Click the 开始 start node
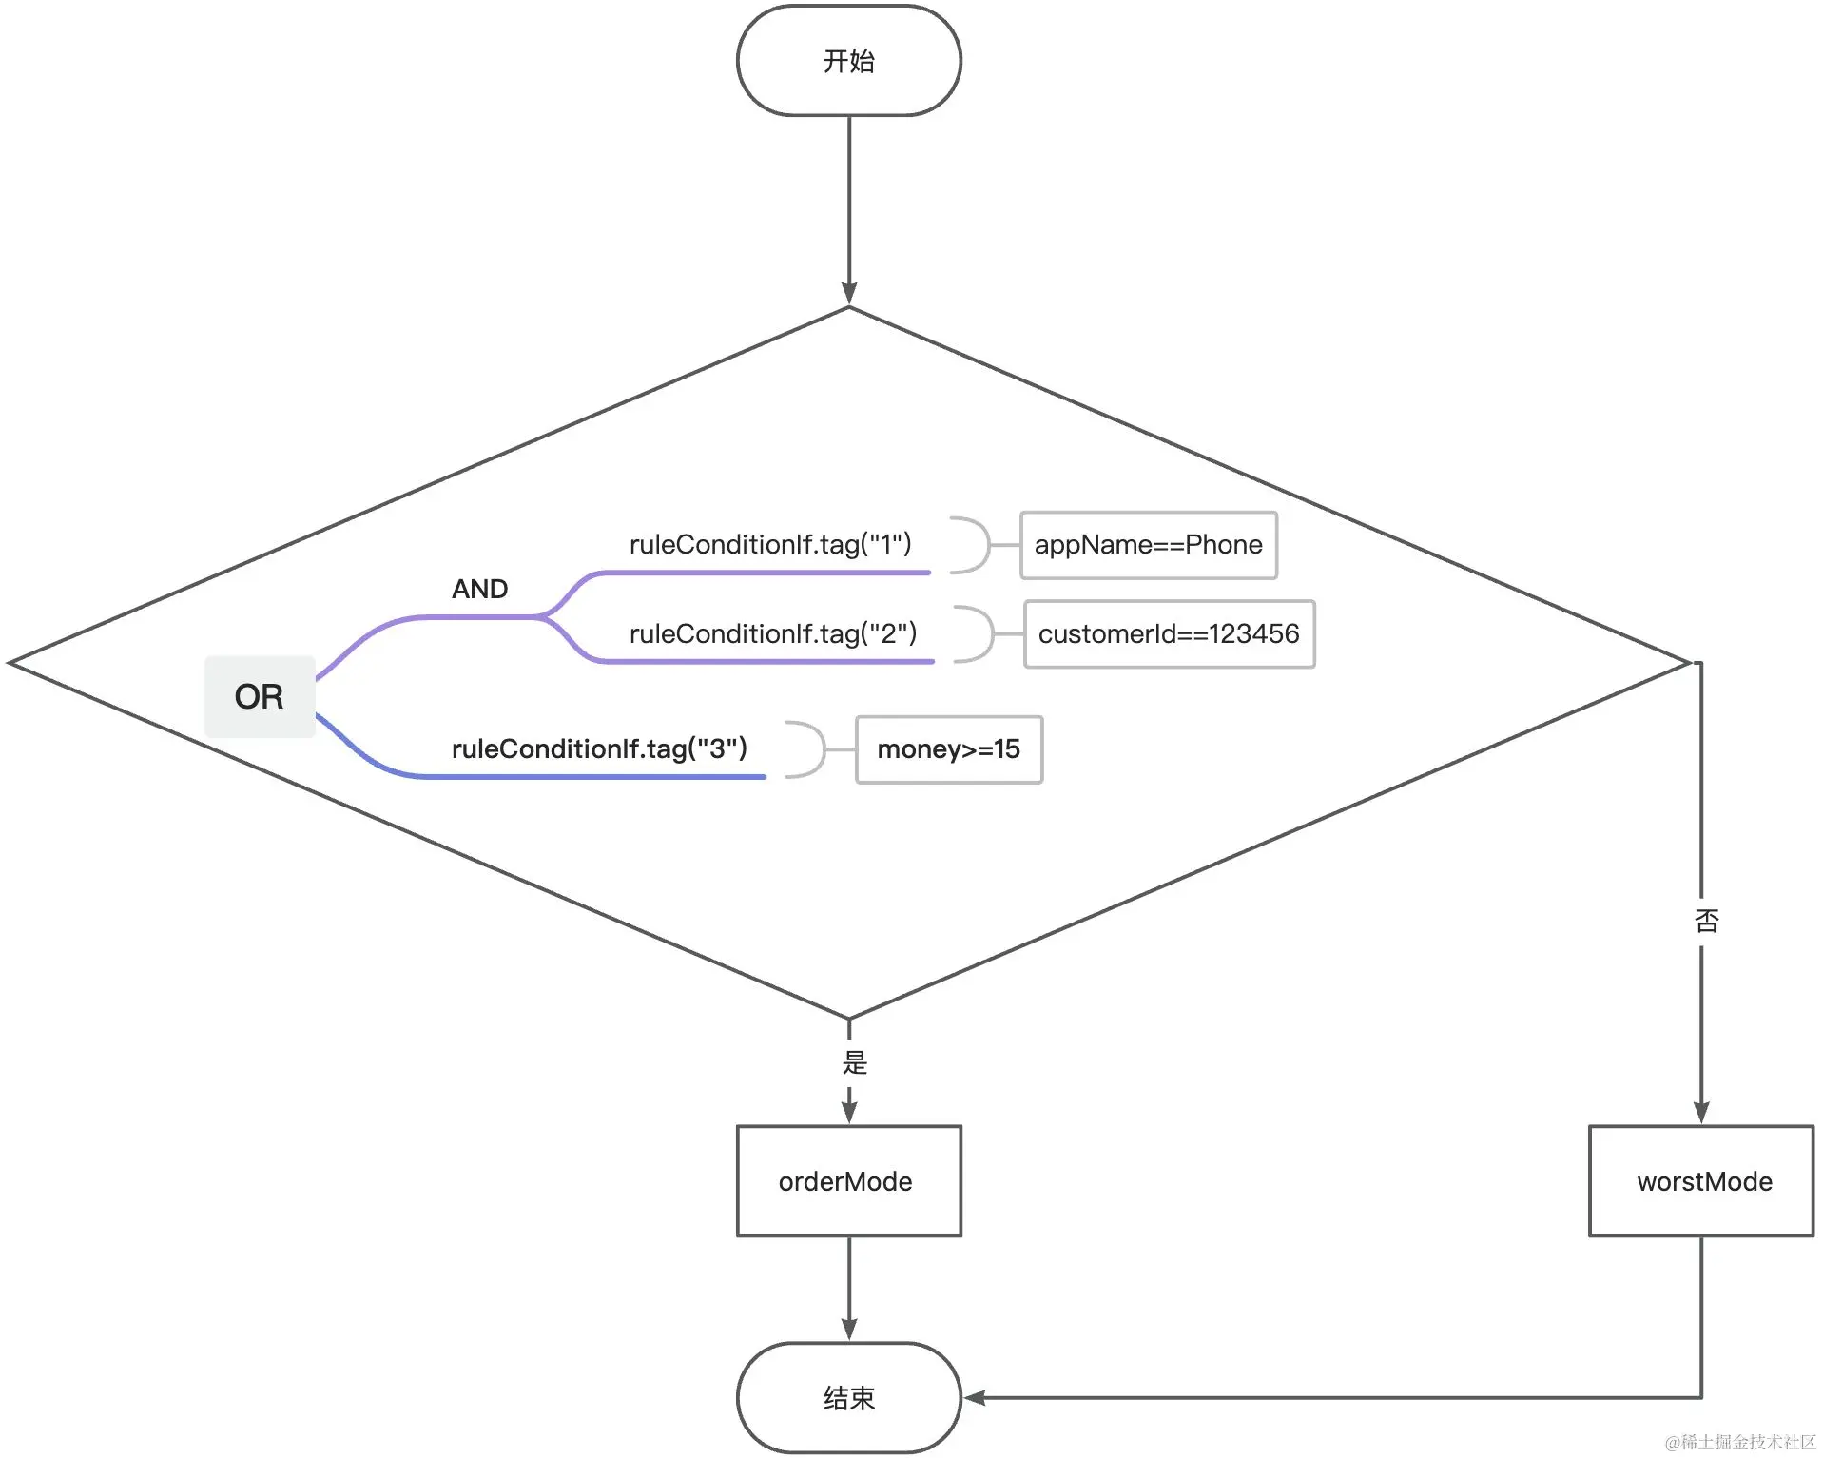pyautogui.click(x=848, y=61)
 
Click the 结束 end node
pyautogui.click(x=848, y=1397)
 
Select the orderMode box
pyautogui.click(x=848, y=1181)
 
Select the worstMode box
pyautogui.click(x=1701, y=1181)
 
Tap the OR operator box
pyautogui.click(x=260, y=696)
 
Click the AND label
pyautogui.click(x=479, y=589)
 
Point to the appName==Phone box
pyautogui.click(x=1149, y=545)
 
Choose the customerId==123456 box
pyautogui.click(x=1170, y=633)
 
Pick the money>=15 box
pyautogui.click(x=949, y=749)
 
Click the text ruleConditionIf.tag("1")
pyautogui.click(x=770, y=544)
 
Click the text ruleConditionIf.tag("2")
pyautogui.click(x=773, y=633)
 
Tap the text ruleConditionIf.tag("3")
pyautogui.click(x=599, y=748)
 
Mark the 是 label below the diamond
pyautogui.click(x=855, y=1062)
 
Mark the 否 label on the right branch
pyautogui.click(x=1706, y=920)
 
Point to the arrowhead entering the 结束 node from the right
pyautogui.click(x=975, y=1397)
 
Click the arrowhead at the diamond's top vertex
pyautogui.click(x=849, y=294)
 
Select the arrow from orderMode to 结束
pyautogui.click(x=849, y=1290)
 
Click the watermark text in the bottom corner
pyautogui.click(x=1740, y=1442)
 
